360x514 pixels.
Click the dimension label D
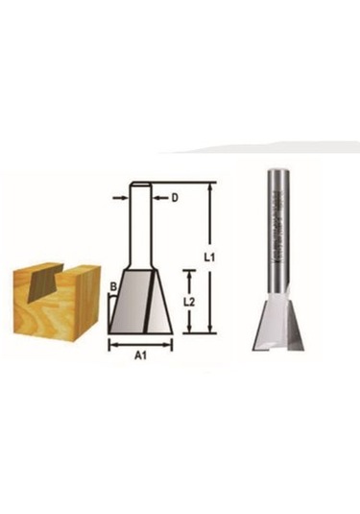(x=175, y=199)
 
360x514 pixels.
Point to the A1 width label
(x=139, y=355)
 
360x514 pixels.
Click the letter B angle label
(x=112, y=285)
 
